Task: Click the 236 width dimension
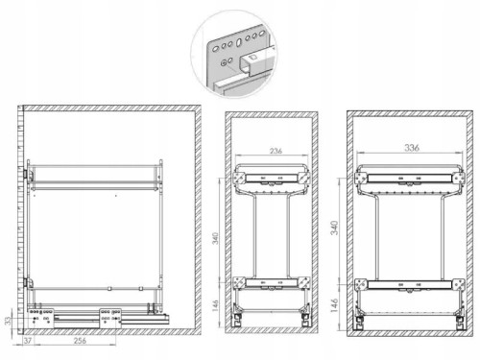click(x=276, y=151)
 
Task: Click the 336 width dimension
click(x=412, y=148)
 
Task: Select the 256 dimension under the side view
click(x=80, y=341)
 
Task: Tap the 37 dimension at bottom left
click(x=28, y=341)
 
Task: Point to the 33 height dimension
click(x=8, y=321)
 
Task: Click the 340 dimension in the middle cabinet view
click(x=216, y=238)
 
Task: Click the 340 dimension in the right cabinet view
click(x=334, y=228)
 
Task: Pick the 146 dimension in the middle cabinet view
click(x=216, y=306)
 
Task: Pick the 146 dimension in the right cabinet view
click(x=334, y=305)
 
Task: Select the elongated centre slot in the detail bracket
click(x=239, y=42)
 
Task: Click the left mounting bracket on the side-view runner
click(x=41, y=318)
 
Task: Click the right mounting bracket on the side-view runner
click(x=110, y=318)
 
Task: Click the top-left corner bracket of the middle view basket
click(x=239, y=177)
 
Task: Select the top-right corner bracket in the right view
click(x=458, y=178)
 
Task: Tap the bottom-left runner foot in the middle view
click(x=237, y=318)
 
